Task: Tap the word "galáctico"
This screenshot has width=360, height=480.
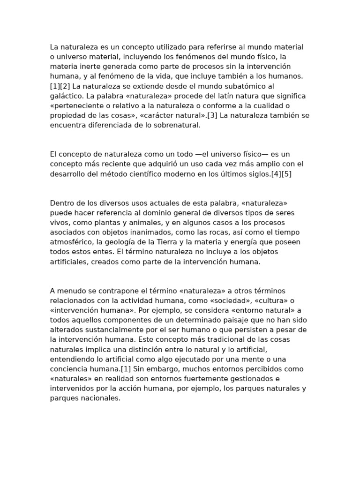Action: coord(66,96)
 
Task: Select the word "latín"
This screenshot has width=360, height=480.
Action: coord(220,96)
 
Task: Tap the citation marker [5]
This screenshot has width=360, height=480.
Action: coord(286,174)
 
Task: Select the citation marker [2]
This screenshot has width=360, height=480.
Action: coord(64,86)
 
